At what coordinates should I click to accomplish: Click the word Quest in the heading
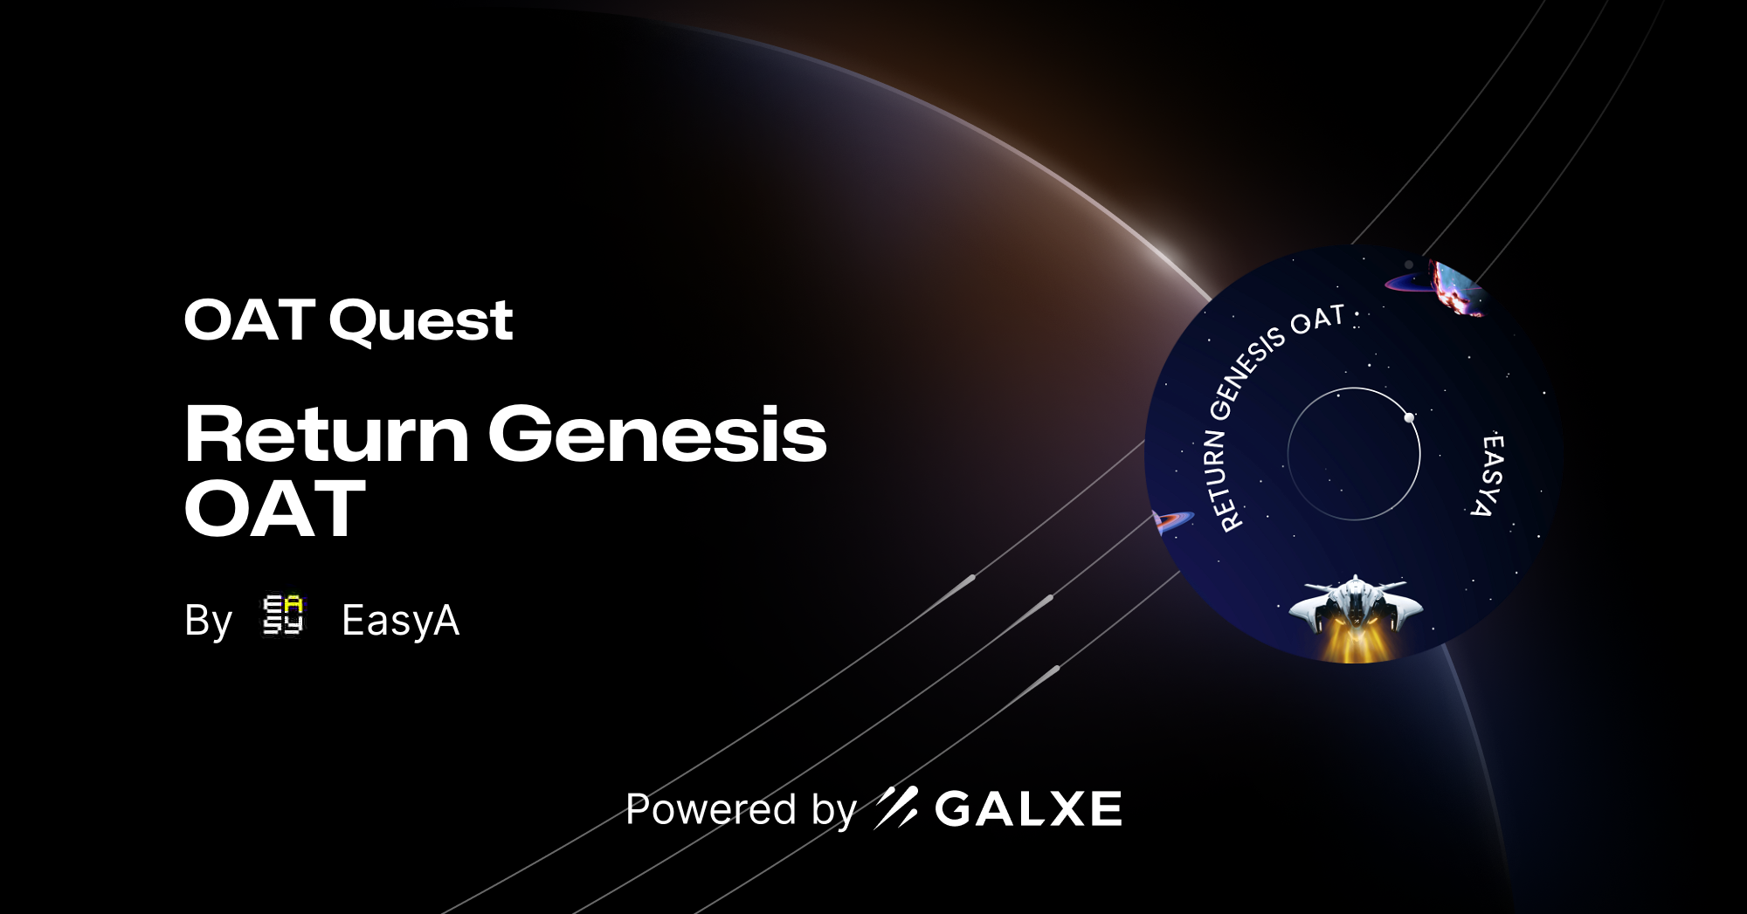pos(421,321)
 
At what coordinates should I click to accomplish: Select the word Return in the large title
pos(327,434)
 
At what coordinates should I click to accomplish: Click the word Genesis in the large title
pos(657,434)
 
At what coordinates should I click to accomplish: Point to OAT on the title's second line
pos(274,509)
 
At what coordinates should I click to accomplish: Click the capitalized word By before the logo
pos(208,621)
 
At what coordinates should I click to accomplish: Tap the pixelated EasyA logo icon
pos(283,615)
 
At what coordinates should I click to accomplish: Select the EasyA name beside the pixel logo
pos(400,621)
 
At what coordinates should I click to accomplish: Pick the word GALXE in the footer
pos(1028,808)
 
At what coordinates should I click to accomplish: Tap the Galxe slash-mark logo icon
pos(896,807)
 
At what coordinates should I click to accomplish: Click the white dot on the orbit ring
pos(1409,417)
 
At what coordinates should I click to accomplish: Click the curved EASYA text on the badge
pos(1488,475)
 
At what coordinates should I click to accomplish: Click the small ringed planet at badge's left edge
pos(1169,521)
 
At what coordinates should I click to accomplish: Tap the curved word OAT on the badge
pos(1317,320)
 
